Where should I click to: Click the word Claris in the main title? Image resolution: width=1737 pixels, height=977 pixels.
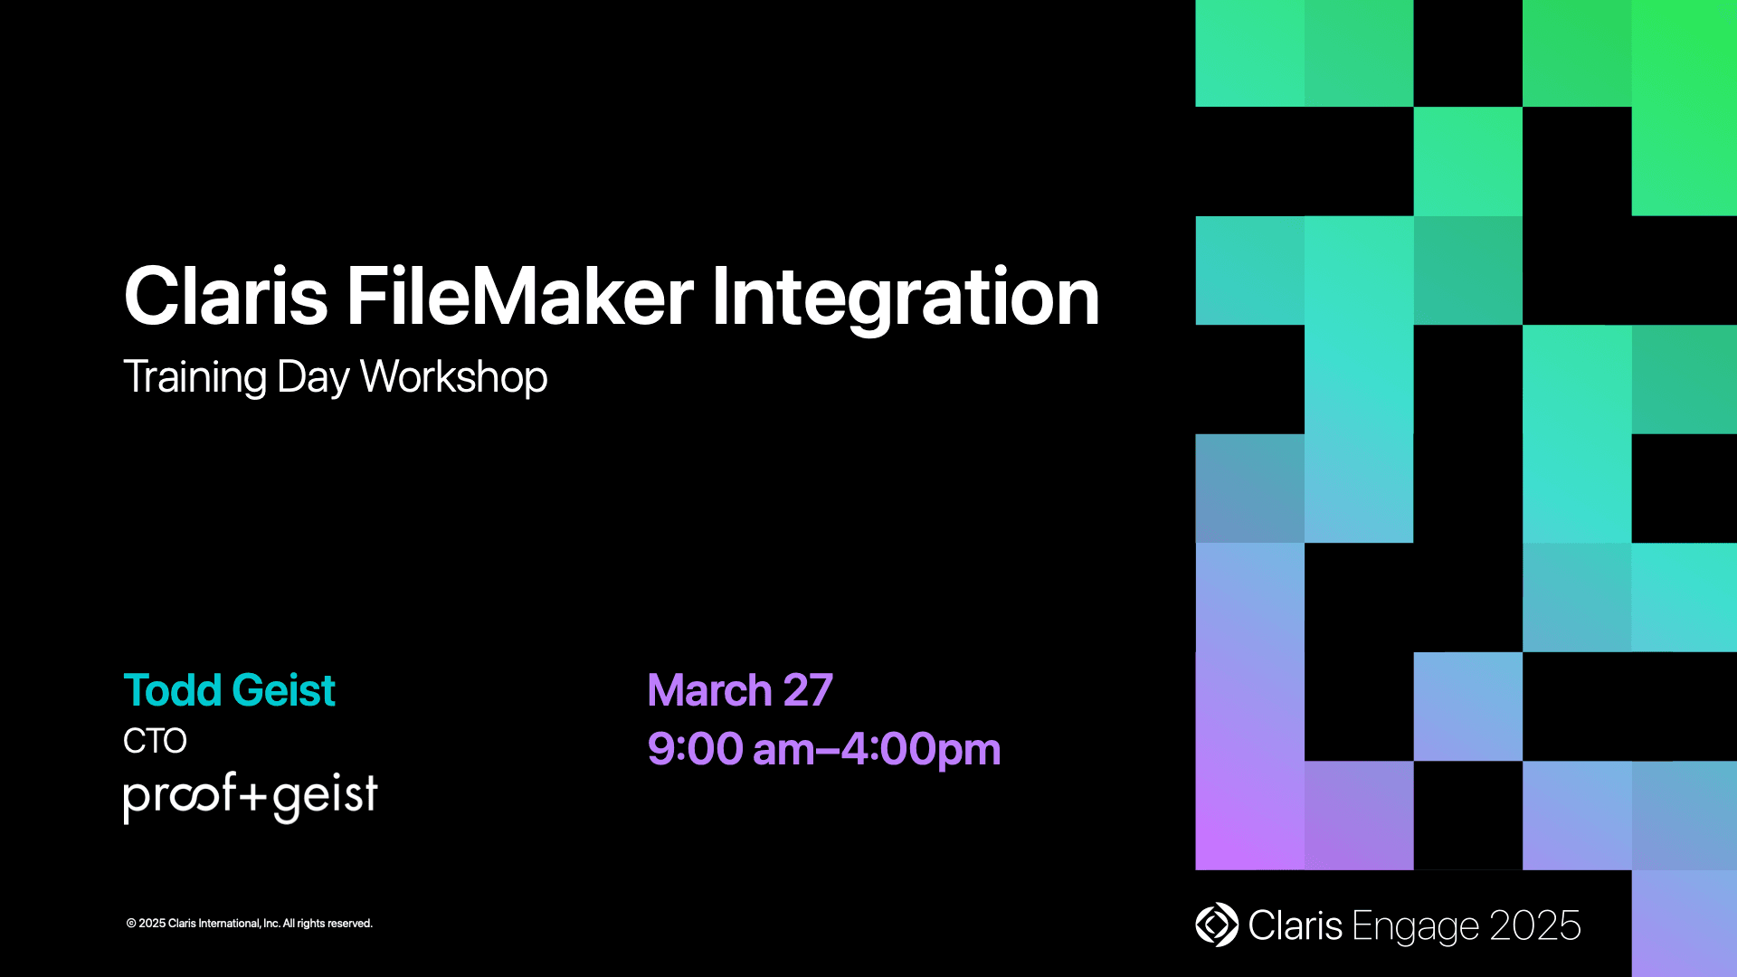point(225,297)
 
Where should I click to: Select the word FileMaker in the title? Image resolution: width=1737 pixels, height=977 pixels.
point(520,297)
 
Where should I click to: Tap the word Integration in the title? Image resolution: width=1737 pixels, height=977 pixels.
point(905,297)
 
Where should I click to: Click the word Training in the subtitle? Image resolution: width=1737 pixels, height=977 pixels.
point(195,377)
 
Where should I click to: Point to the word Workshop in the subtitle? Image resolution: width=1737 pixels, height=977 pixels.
point(453,377)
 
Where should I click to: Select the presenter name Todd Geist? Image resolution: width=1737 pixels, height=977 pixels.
point(229,690)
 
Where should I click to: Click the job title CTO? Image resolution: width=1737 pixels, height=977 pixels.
point(155,741)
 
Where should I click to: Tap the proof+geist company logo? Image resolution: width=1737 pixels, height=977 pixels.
point(250,796)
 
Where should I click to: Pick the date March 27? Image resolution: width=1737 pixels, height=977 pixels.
point(739,690)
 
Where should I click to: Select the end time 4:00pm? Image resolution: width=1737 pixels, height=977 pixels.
point(920,749)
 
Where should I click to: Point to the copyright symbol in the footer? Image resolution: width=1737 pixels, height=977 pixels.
point(131,924)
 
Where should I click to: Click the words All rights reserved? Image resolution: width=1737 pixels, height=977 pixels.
point(327,924)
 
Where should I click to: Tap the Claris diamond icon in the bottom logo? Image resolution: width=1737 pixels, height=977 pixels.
point(1217,925)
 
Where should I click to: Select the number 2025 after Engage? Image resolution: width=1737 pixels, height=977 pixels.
point(1534,925)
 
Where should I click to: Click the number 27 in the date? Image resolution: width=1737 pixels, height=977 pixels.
point(807,690)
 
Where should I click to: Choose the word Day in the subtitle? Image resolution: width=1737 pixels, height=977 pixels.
point(312,377)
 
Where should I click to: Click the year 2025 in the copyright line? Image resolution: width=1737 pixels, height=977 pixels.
point(152,924)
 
